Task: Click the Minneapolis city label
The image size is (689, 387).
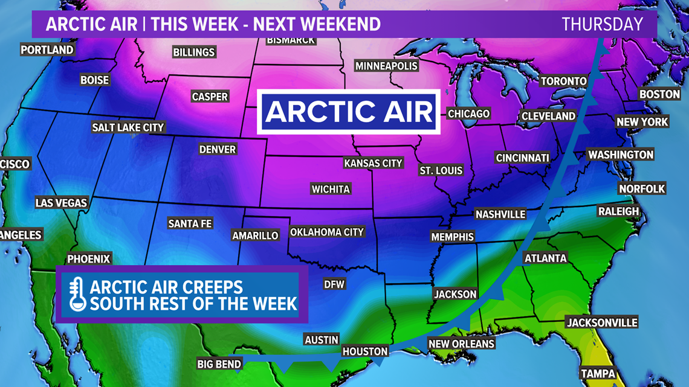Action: coord(386,66)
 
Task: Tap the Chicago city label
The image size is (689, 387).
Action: coord(468,114)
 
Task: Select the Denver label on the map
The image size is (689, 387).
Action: coord(218,149)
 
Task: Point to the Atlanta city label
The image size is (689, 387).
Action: coord(546,258)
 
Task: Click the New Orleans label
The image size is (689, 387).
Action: coord(461,344)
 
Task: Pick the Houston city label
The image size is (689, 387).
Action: coord(364,351)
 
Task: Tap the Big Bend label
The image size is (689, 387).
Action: coord(219,363)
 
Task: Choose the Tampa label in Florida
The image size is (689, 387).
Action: coord(598,374)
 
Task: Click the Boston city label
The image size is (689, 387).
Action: coord(659,94)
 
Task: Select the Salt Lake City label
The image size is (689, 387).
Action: coord(128,127)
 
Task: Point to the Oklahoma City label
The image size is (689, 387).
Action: coord(327,232)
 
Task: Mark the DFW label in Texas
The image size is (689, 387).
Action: coord(334,284)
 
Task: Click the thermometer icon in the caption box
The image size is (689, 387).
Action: coord(77,294)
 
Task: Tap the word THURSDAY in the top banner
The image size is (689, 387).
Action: coord(602,24)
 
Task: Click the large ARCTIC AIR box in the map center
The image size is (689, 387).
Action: coord(349,112)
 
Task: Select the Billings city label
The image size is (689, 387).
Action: coord(194,53)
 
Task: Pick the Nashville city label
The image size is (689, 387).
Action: coord(500,214)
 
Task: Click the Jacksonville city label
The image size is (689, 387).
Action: coord(602,322)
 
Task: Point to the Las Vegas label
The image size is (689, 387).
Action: coord(61,203)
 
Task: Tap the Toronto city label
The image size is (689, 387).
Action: coord(563,81)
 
